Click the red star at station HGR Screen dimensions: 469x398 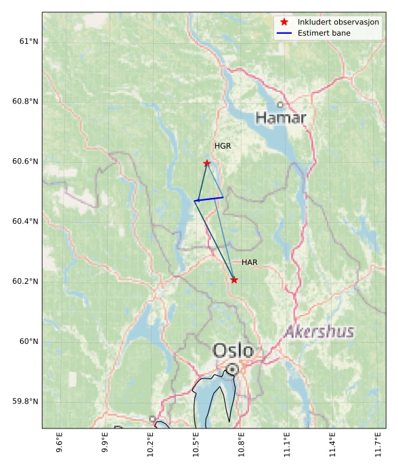206,163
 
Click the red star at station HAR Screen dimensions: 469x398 234,280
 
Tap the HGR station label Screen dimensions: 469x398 223,146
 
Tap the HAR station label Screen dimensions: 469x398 250,262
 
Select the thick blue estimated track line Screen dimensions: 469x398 209,199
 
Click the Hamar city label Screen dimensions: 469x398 281,118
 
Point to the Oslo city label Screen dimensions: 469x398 233,351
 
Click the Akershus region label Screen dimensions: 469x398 319,332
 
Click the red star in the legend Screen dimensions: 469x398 284,22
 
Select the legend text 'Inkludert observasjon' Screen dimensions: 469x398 337,22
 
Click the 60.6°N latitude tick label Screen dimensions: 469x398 23,161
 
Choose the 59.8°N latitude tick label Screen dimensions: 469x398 23,401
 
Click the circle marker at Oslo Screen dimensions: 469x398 233,369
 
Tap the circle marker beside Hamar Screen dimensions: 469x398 280,105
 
